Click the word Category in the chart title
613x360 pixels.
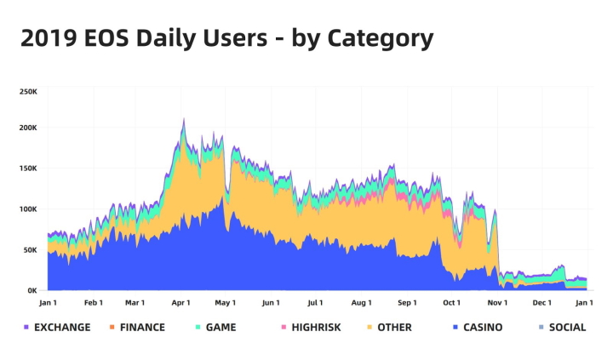tap(380, 39)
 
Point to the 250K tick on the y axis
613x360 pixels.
tap(27, 91)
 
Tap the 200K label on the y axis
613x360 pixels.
tap(27, 128)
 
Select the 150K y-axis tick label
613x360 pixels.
tap(27, 169)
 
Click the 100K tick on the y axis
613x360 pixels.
tap(27, 209)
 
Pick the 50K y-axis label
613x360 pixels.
tap(29, 250)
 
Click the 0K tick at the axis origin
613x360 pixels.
tap(32, 290)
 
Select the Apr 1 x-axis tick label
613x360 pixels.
tap(180, 302)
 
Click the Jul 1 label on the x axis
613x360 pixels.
tap(315, 302)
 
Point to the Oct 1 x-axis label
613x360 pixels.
tap(451, 302)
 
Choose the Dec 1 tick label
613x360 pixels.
tap(541, 302)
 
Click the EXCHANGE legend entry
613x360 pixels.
tap(61, 327)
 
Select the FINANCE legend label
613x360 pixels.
tap(142, 327)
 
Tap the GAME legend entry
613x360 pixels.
tap(221, 327)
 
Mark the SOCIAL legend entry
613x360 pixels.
tap(567, 327)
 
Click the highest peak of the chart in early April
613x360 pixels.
tap(183, 119)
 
